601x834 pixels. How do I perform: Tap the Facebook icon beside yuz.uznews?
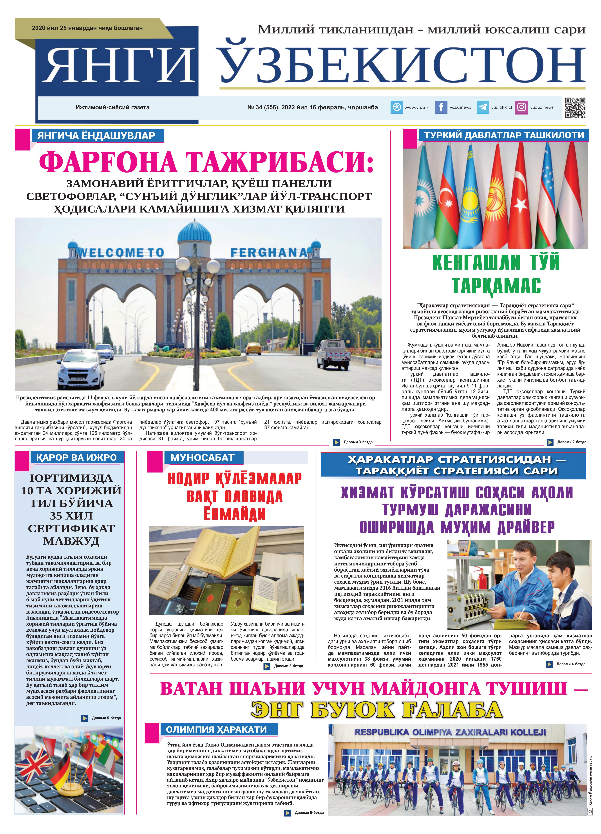pyautogui.click(x=441, y=107)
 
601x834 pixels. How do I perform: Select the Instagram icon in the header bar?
pyautogui.click(x=521, y=107)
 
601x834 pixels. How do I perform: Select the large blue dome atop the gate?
pyautogui.click(x=194, y=232)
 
